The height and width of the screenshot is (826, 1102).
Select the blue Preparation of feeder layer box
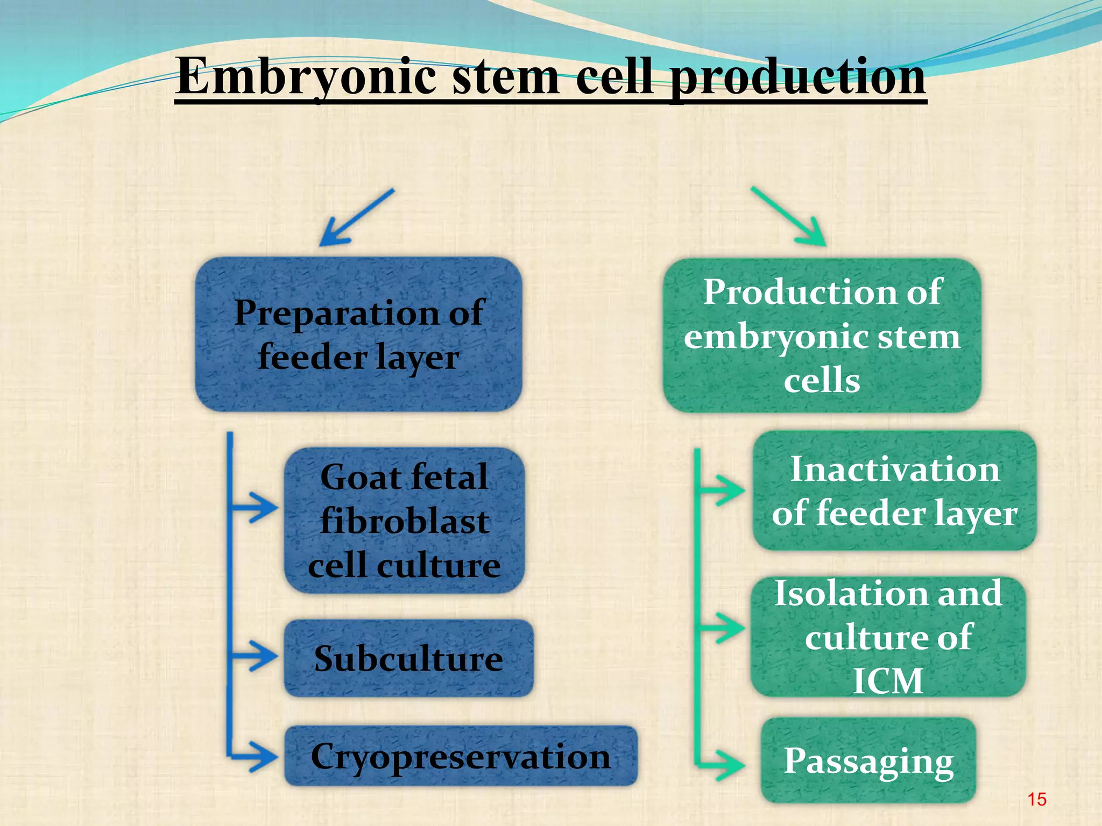tap(358, 334)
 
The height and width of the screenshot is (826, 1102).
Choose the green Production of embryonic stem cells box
tap(822, 336)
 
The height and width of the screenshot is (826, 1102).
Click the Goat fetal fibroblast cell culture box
tap(404, 521)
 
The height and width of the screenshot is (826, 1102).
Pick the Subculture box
tap(408, 658)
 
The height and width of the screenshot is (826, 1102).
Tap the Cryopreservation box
tap(461, 756)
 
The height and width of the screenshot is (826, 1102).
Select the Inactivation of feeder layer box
tap(894, 490)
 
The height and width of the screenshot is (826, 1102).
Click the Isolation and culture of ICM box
tap(888, 637)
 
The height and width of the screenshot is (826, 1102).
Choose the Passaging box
tap(868, 760)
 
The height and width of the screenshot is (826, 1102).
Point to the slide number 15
tap(1036, 799)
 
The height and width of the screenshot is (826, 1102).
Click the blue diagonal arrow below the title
tap(356, 218)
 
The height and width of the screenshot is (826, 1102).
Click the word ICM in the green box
tap(888, 681)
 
